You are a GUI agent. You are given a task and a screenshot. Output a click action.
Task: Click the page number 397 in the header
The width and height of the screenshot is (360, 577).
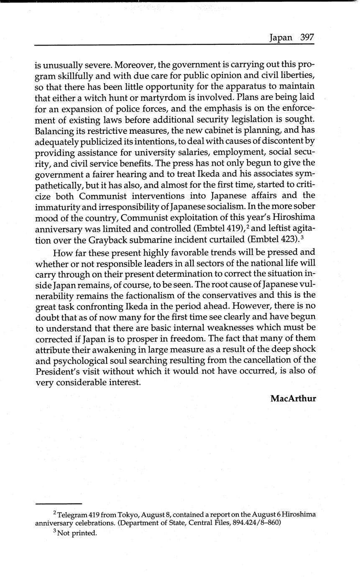307,37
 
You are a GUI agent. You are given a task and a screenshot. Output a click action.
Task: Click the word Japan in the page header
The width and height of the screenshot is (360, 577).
281,38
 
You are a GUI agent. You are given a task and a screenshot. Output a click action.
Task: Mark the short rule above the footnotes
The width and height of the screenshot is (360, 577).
58,503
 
